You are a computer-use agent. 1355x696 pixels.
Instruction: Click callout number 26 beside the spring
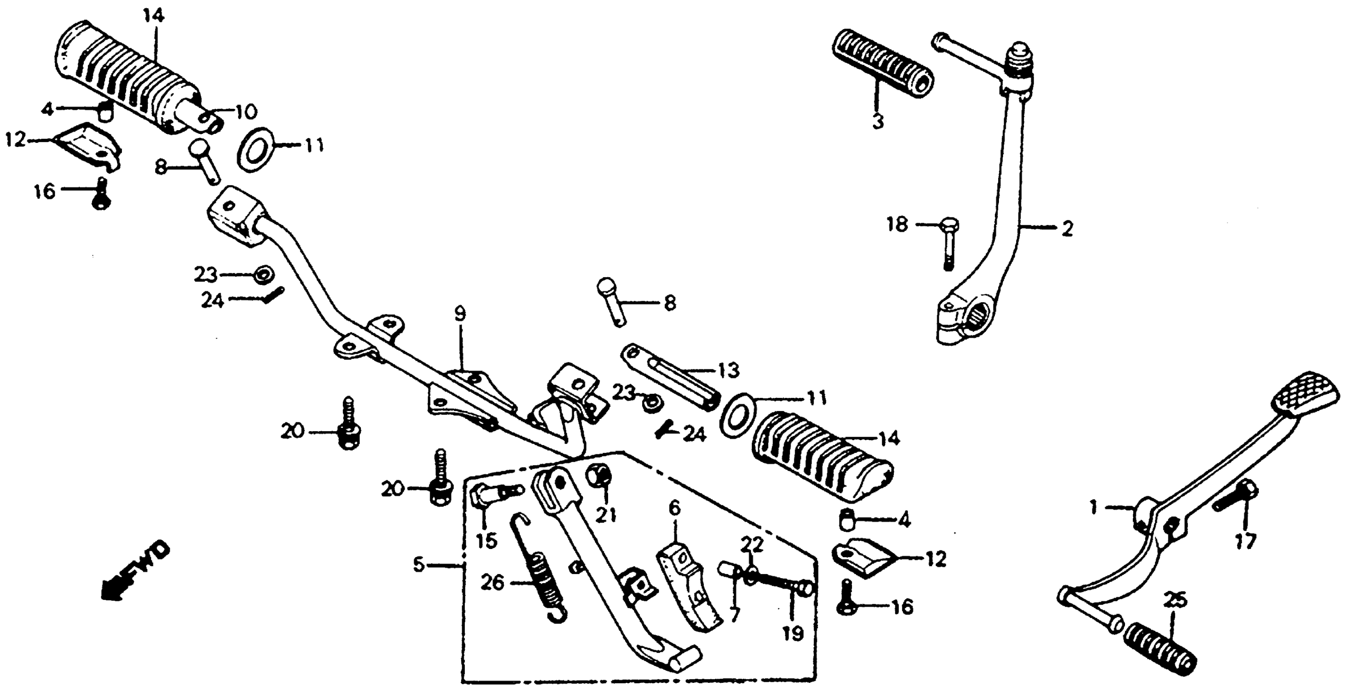coord(492,583)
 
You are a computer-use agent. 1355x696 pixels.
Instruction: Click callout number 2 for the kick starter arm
coord(1067,229)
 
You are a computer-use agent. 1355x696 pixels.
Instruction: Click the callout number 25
coord(1175,600)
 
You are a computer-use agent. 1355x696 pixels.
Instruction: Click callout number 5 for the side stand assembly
coord(419,565)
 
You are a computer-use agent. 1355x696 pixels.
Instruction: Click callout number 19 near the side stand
coord(793,633)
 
